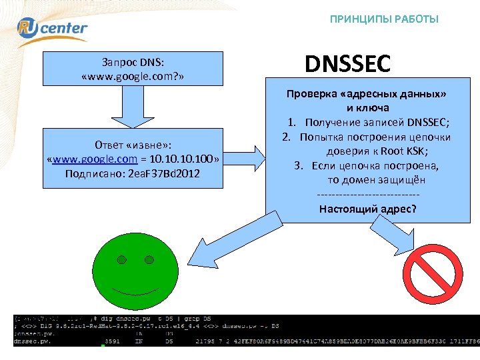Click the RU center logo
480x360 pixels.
coord(52,27)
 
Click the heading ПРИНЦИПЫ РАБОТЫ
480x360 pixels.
coord(384,19)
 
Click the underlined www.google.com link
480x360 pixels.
coord(95,160)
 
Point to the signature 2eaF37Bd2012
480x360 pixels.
coord(164,175)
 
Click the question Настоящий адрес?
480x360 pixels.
coord(367,209)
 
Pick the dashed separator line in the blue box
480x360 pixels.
coord(368,195)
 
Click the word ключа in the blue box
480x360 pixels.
coord(367,108)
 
